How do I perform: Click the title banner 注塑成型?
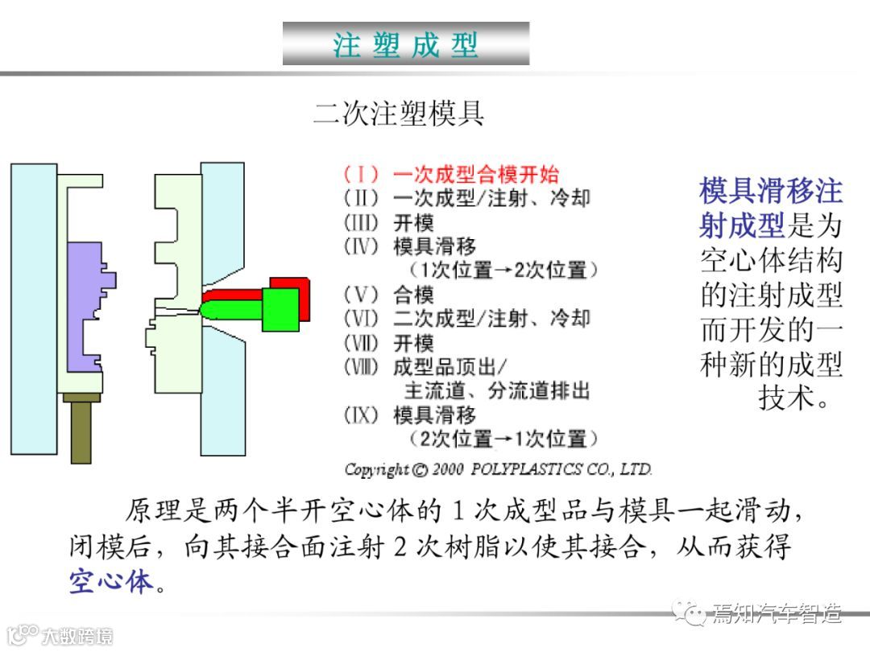[406, 43]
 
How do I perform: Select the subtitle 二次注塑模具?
[399, 113]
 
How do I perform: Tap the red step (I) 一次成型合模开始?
[451, 174]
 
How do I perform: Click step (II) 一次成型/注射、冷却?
[467, 198]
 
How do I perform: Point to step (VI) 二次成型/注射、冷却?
[467, 319]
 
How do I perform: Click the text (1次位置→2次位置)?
[503, 270]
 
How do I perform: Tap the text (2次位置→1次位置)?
[503, 439]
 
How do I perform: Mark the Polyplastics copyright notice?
[498, 469]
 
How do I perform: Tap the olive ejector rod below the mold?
[81, 431]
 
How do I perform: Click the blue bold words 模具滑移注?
[771, 191]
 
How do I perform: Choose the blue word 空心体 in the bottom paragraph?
[111, 580]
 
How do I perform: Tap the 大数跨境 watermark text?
[77, 636]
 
